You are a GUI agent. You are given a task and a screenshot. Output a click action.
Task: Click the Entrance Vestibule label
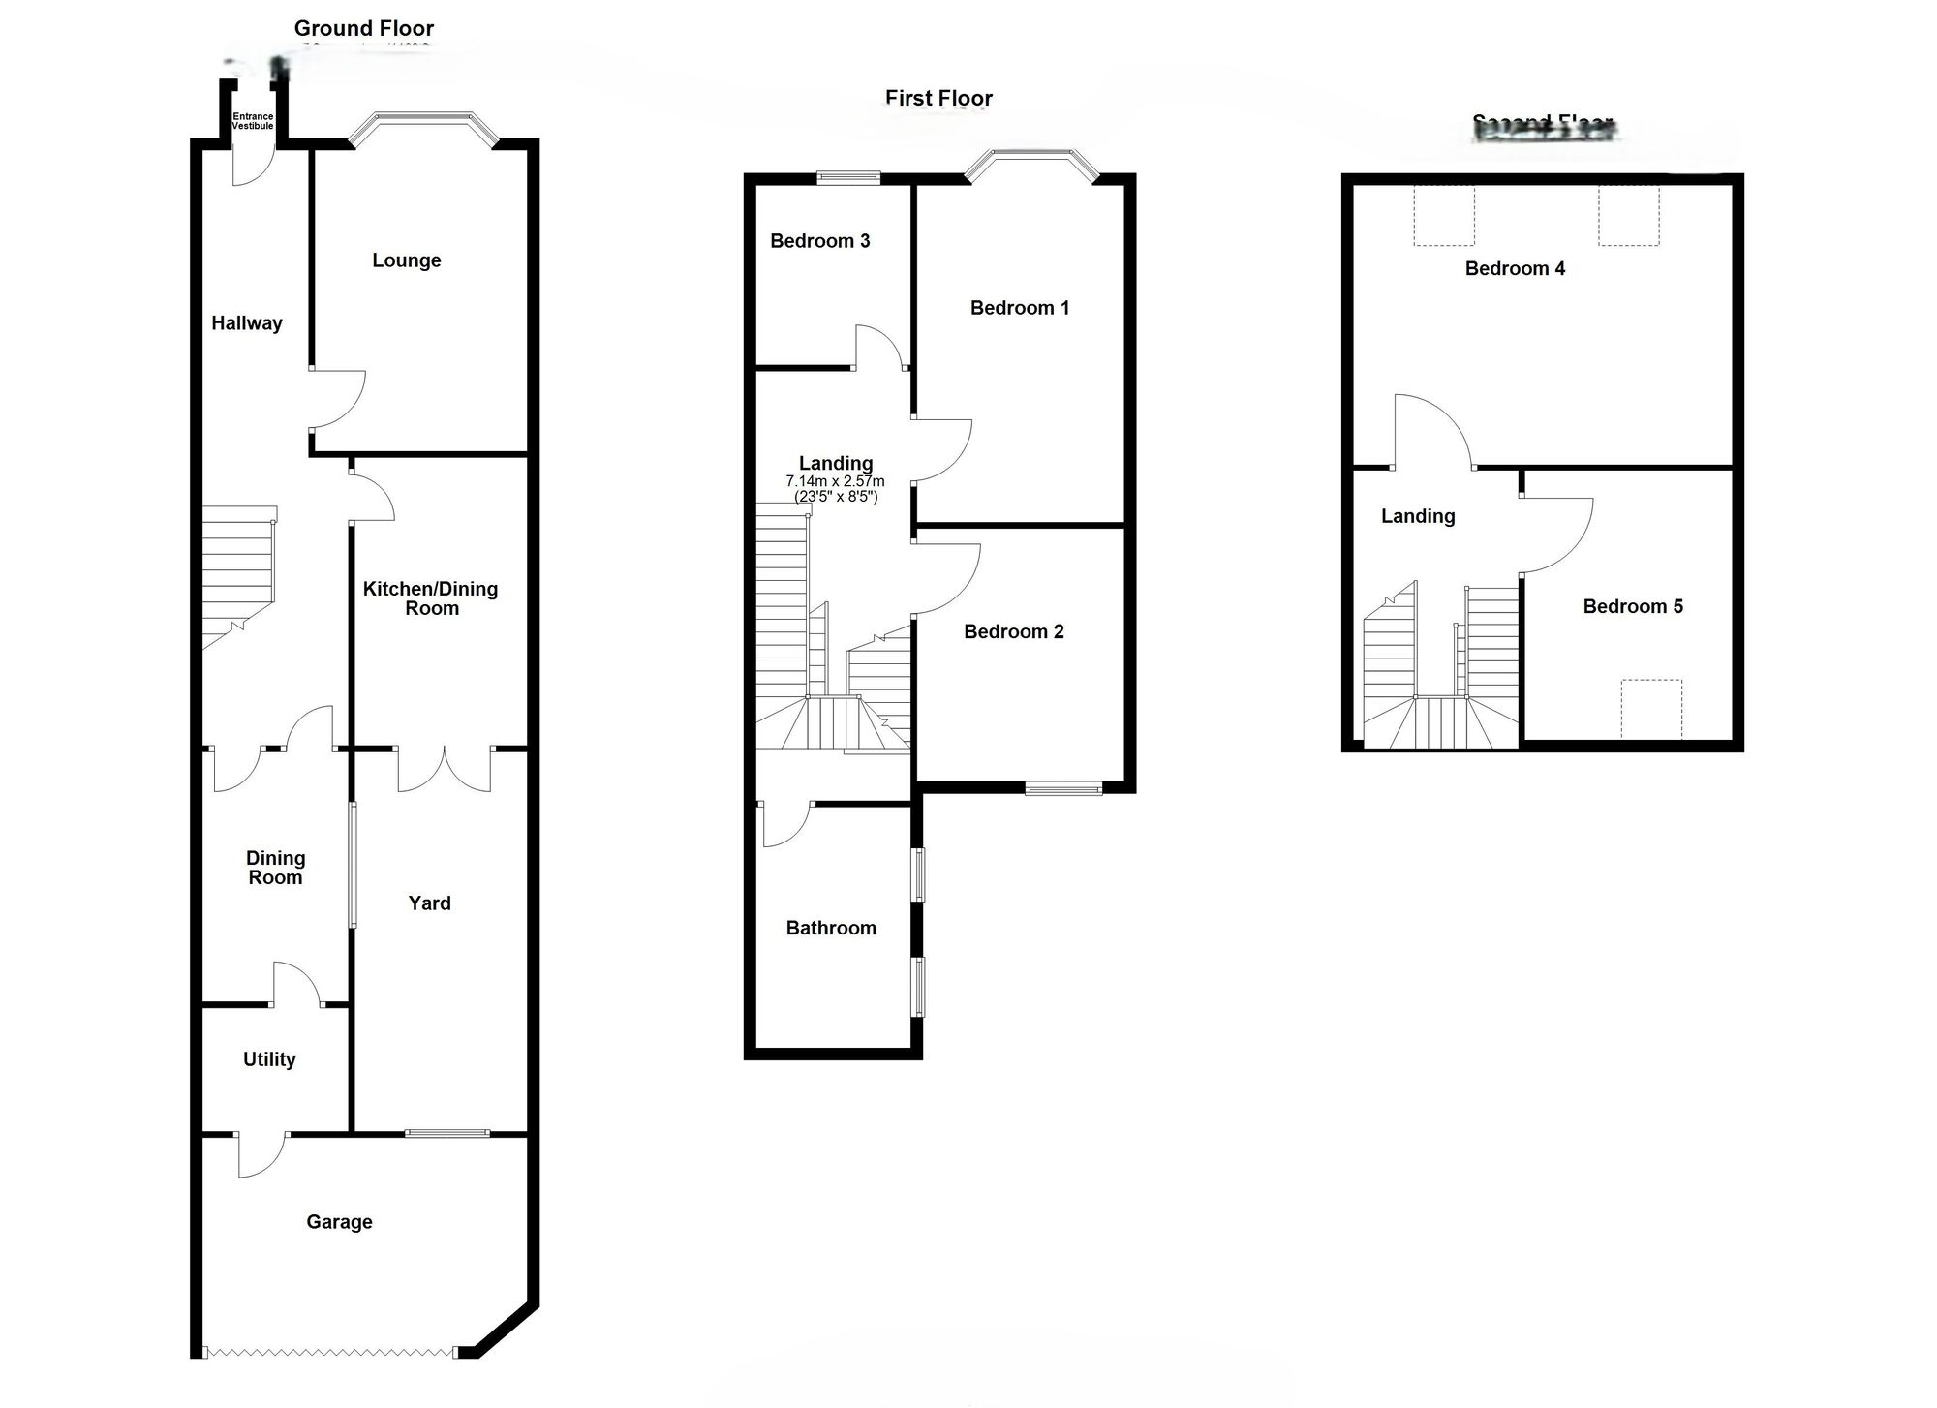[x=253, y=121]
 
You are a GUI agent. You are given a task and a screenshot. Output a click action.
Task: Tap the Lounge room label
[x=406, y=260]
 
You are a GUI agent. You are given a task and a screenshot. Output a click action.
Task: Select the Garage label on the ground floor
[x=339, y=1222]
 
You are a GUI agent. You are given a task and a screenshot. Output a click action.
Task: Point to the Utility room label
[x=269, y=1059]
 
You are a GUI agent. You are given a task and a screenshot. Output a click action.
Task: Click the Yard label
[x=429, y=903]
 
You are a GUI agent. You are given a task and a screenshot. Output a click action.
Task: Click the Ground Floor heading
[x=364, y=29]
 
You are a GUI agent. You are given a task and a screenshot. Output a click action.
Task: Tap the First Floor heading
[x=938, y=99]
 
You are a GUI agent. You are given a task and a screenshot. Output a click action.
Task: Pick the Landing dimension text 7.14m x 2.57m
[x=835, y=481]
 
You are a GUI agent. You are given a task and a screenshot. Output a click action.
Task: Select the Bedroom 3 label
[x=819, y=241]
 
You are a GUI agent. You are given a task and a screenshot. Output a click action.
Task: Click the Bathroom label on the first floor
[x=831, y=929]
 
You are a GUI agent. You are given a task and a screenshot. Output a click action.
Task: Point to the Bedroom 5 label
[x=1633, y=607]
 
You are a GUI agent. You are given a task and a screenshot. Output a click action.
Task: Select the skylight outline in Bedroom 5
[x=1651, y=709]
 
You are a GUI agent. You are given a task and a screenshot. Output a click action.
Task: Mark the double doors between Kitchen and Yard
[x=444, y=770]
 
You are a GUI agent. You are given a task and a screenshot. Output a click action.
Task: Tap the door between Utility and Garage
[x=260, y=1155]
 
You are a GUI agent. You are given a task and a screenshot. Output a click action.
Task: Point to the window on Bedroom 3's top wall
[x=848, y=177]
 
